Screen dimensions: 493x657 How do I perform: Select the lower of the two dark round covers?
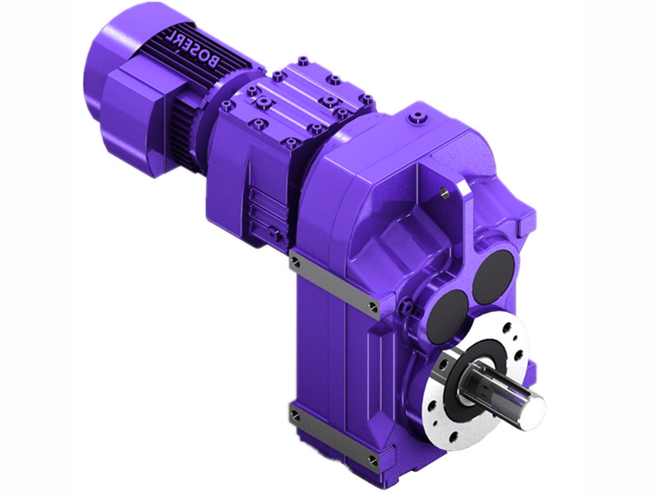[450, 311]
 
